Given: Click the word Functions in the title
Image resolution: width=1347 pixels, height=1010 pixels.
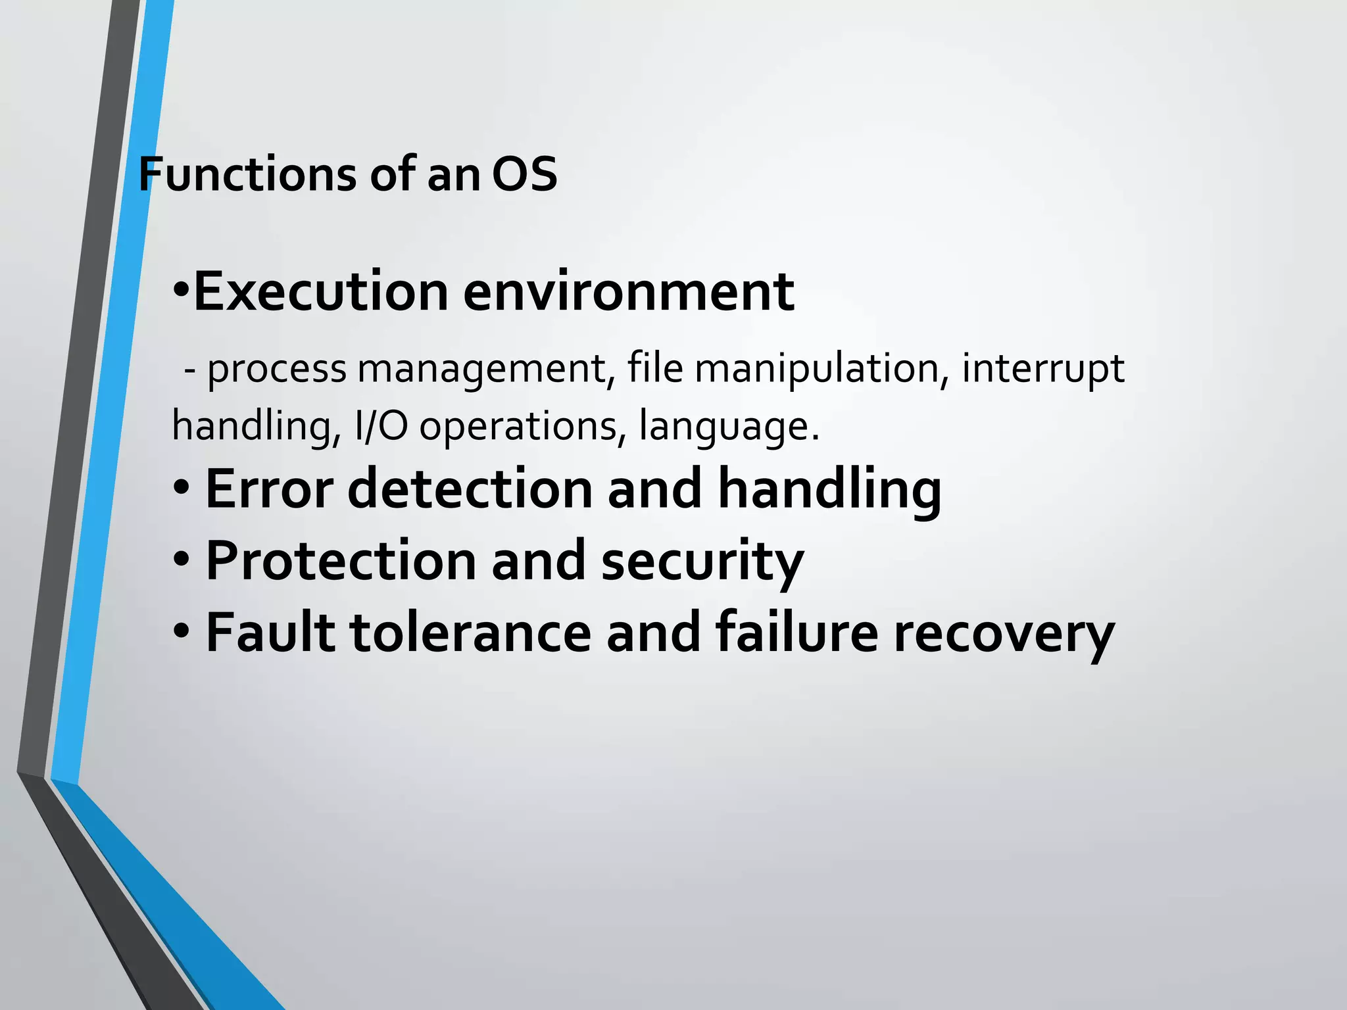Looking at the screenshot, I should click(247, 175).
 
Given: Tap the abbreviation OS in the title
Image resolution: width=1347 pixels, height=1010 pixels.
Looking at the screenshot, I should click(524, 175).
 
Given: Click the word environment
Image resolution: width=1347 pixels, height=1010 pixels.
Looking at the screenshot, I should click(628, 292).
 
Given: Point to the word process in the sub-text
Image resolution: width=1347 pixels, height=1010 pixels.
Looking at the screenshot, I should click(276, 370).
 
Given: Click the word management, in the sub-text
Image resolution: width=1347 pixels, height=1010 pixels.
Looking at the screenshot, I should click(486, 370).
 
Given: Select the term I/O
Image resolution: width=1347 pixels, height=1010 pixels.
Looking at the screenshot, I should click(381, 426).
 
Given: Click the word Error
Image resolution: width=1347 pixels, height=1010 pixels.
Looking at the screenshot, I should click(270, 489).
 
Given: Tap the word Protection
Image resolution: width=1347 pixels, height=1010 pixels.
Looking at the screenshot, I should click(341, 561).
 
